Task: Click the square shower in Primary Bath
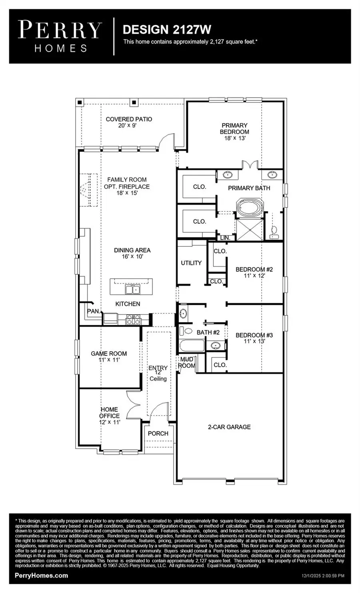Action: click(250, 230)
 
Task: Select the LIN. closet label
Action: click(225, 238)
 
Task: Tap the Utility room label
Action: click(191, 263)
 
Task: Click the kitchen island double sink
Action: click(132, 289)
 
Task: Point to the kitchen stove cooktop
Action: click(134, 319)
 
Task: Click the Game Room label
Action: click(108, 353)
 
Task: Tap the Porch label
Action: click(158, 433)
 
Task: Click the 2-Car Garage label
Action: click(229, 427)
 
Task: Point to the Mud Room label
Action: click(186, 362)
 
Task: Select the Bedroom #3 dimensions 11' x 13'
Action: click(254, 341)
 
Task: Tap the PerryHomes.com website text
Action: click(41, 575)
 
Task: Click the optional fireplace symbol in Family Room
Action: click(88, 190)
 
